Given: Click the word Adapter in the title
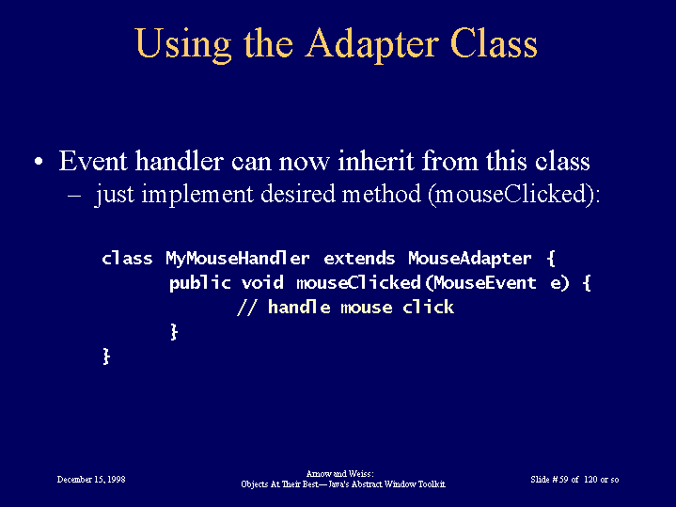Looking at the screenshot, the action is [372, 45].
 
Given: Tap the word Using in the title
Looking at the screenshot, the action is [183, 45].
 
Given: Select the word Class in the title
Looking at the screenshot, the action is [494, 43].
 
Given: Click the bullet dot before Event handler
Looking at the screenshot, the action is [39, 162].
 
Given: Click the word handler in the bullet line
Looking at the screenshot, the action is [179, 161].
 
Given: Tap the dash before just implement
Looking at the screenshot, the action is [74, 195].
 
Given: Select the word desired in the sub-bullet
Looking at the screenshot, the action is [298, 194].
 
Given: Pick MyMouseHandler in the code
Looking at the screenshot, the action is [238, 259].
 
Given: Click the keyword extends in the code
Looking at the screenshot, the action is [359, 259].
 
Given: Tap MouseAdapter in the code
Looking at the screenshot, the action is [470, 259].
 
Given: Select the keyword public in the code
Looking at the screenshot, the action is [200, 283].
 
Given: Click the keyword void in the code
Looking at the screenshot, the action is [262, 283].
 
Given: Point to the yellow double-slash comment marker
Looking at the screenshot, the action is [247, 308].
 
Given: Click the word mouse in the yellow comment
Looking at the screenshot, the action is [367, 309].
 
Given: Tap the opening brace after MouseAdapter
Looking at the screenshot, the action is [551, 259].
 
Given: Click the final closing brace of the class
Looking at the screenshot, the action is [106, 356].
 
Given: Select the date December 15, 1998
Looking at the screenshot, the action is [91, 480].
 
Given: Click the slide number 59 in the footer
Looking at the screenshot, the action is [564, 480].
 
